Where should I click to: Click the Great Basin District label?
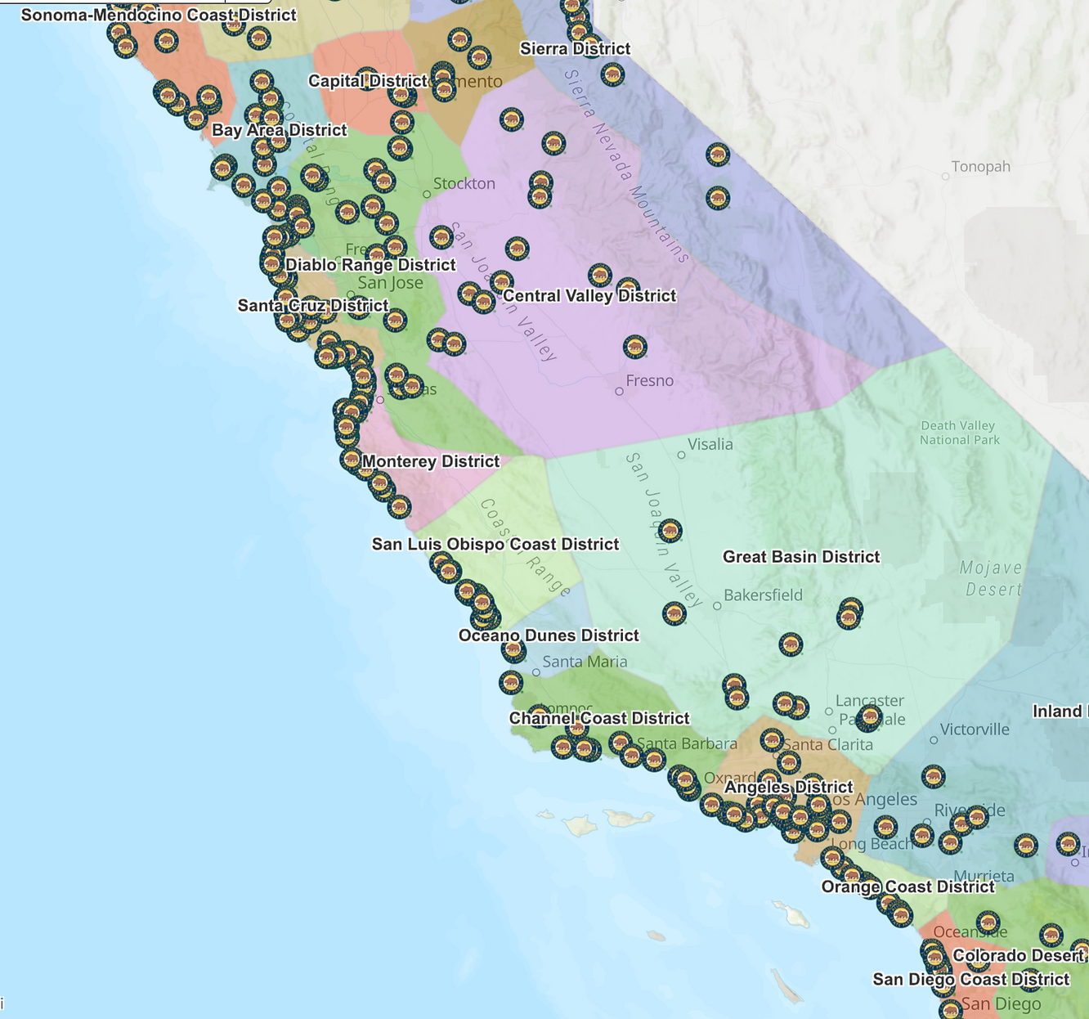[x=801, y=557]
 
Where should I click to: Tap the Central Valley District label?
[x=589, y=296]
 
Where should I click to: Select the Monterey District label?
[x=431, y=461]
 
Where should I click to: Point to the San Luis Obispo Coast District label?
[x=495, y=545]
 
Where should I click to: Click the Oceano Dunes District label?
[x=549, y=635]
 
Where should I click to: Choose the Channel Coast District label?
[x=599, y=718]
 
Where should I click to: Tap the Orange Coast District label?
[x=907, y=887]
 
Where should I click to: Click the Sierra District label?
[x=576, y=49]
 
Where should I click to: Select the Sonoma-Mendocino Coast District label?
[x=159, y=16]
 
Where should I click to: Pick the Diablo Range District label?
[x=370, y=265]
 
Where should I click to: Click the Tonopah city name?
[x=980, y=167]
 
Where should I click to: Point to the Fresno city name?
[x=650, y=381]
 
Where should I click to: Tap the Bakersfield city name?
[x=763, y=595]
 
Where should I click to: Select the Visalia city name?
[x=710, y=445]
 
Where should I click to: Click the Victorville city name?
[x=975, y=729]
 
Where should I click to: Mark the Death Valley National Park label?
[x=959, y=433]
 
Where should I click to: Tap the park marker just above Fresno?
[x=635, y=347]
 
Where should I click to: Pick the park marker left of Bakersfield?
[x=674, y=613]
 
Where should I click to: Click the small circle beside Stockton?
[x=427, y=195]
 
